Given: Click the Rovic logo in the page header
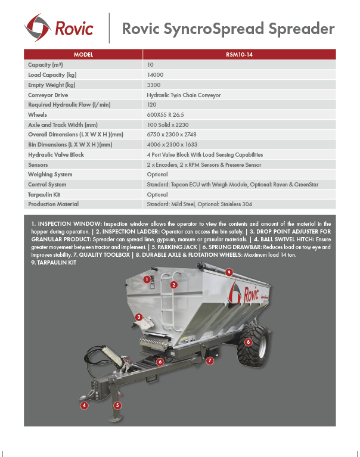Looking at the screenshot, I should (59, 27).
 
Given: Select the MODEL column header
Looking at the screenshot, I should (83, 54).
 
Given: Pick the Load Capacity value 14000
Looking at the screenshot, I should (155, 74).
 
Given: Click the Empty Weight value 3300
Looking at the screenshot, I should (154, 85).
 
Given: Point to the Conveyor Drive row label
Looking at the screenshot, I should (48, 95).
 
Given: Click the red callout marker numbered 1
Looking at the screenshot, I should (146, 279).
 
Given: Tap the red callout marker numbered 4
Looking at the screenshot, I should (85, 405).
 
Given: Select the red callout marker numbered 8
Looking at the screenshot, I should (247, 342).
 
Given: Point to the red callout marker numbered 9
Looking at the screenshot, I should (229, 272).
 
